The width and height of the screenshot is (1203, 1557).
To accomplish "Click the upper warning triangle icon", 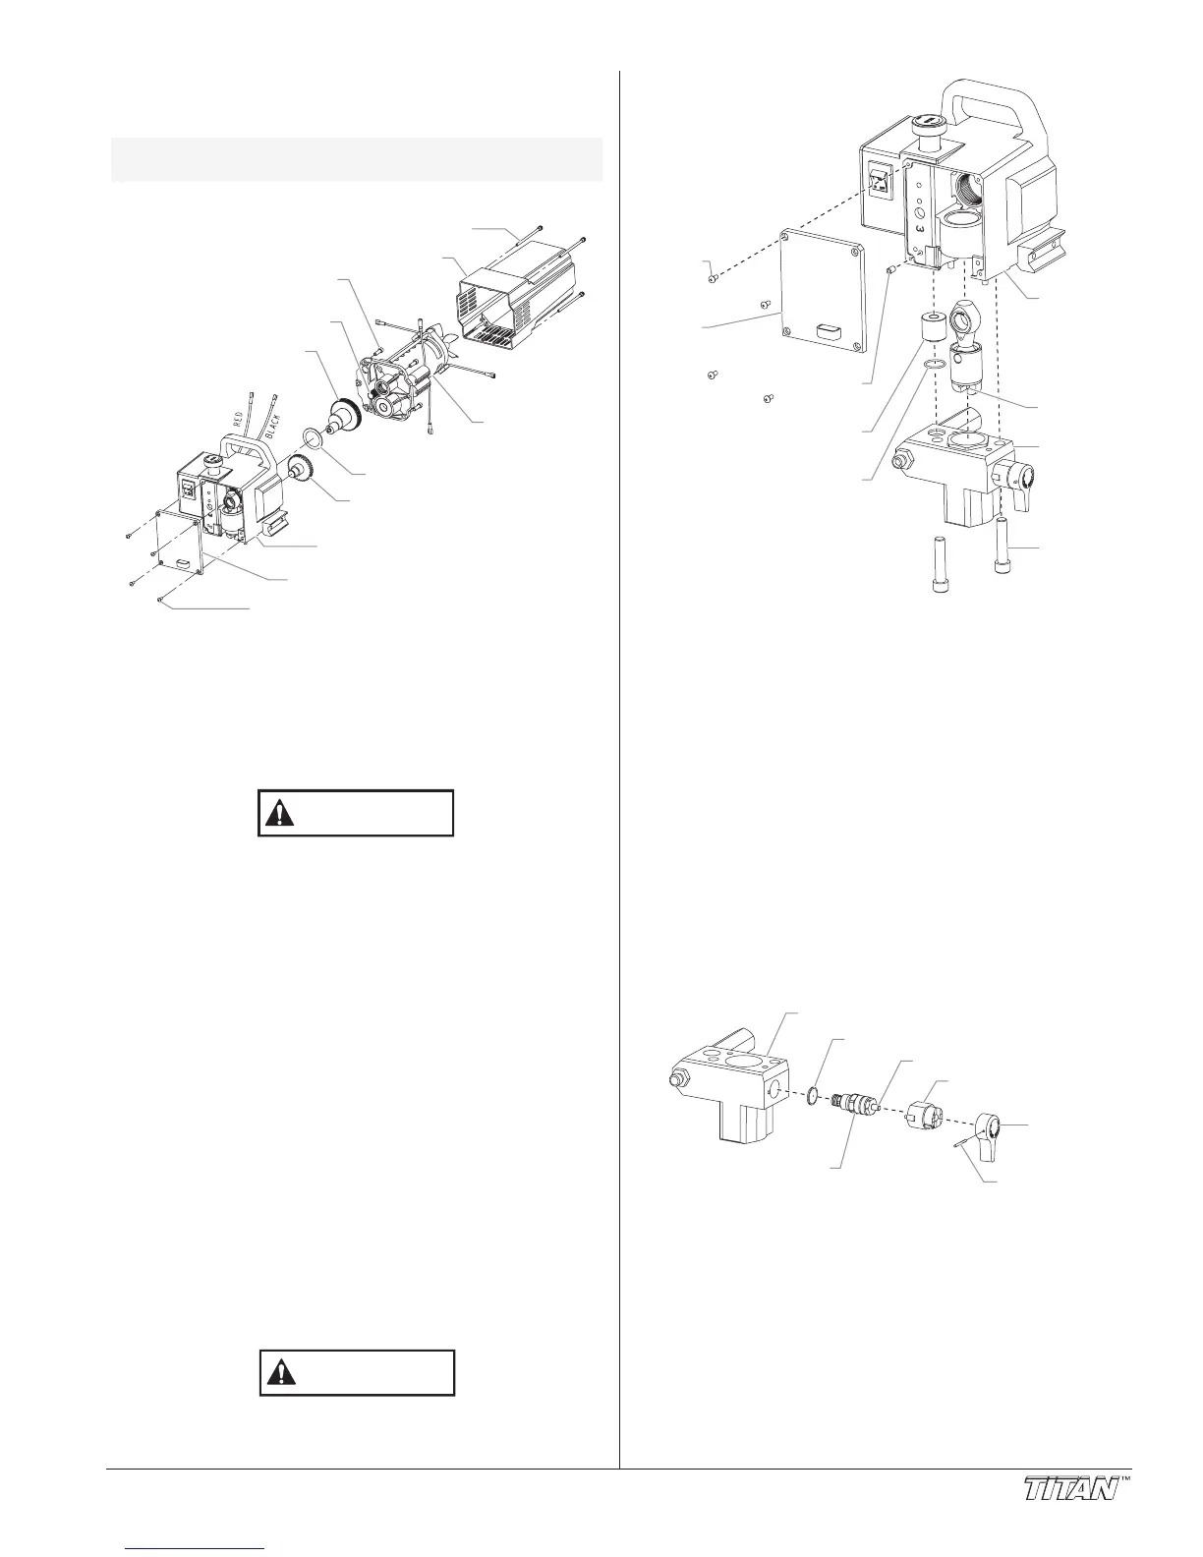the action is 283,813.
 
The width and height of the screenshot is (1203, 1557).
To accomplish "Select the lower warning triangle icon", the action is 283,1373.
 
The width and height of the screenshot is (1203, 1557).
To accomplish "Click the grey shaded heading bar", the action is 356,158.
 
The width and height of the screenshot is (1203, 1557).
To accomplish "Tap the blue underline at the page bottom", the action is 197,1550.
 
